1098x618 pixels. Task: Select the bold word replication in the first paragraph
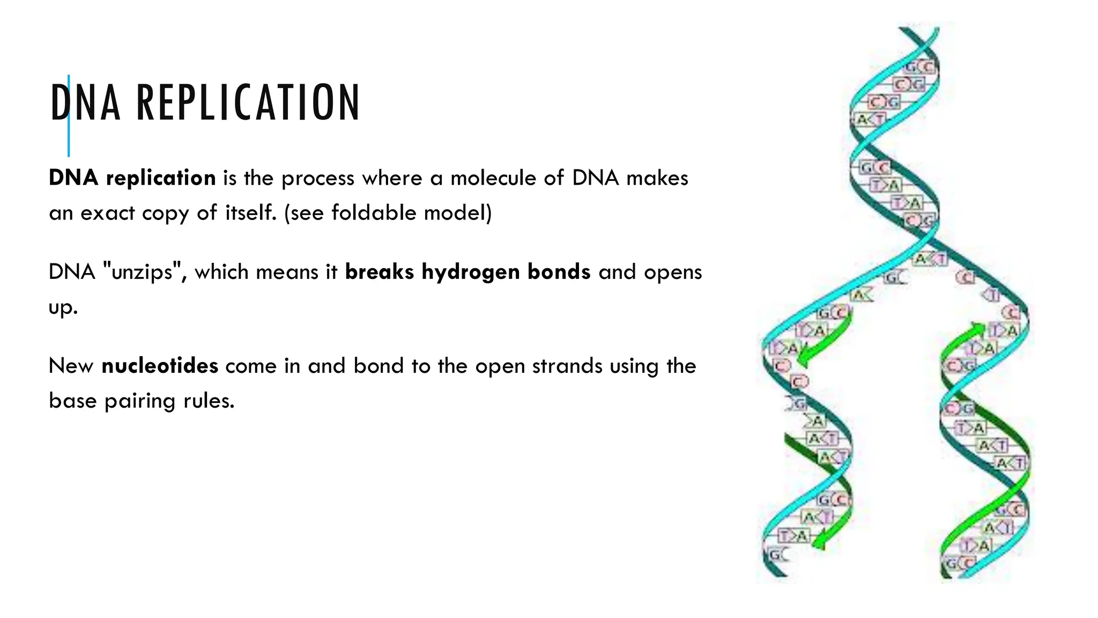[161, 178]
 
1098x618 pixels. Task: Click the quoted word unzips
[142, 272]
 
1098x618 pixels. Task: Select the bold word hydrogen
[471, 272]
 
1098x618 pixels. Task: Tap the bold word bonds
[559, 272]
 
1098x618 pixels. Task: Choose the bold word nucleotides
[160, 366]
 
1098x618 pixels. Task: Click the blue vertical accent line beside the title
[69, 134]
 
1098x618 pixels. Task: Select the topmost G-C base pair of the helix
[919, 67]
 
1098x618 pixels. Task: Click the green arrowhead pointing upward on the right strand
[979, 327]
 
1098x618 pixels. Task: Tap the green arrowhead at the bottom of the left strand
[819, 545]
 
